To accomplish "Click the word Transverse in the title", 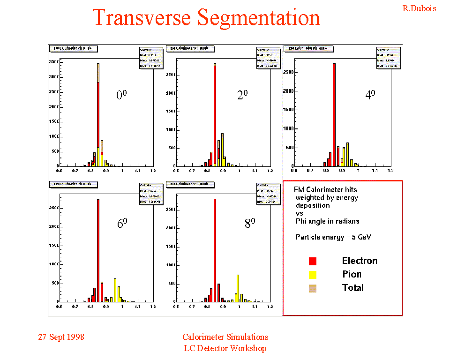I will point(142,18).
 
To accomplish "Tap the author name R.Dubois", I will point(419,8).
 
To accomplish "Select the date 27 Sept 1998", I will point(61,337).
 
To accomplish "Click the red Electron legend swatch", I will point(313,261).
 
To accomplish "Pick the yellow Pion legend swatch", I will point(313,275).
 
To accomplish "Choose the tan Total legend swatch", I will point(313,288).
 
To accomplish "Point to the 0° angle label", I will point(121,95).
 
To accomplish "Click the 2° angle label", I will point(242,95).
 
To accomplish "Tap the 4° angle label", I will point(370,95).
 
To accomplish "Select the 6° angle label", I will point(122,224).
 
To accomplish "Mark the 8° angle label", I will point(250,224).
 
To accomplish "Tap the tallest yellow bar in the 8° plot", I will point(238,288).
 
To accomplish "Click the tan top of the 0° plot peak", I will point(98,73).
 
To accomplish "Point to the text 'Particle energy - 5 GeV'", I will point(333,237).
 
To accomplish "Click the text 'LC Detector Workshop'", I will point(225,348).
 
